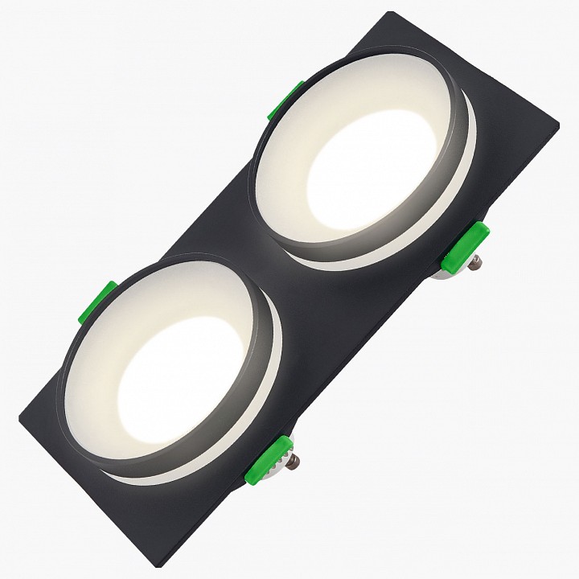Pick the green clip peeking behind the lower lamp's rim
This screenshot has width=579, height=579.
96,304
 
